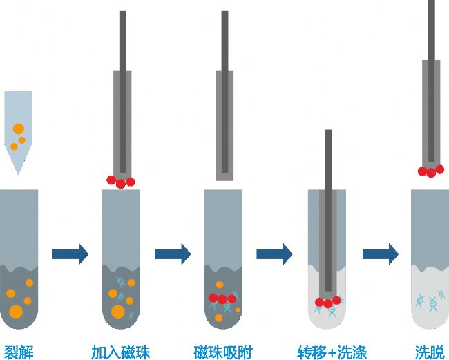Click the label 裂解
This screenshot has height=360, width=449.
point(19,351)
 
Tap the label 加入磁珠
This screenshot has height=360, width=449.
point(121,351)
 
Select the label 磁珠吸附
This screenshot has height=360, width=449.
point(223,351)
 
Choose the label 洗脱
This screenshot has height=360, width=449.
point(429,351)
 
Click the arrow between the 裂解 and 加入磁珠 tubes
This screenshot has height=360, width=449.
point(70,254)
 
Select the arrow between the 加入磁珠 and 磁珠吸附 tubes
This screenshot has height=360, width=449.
point(173,254)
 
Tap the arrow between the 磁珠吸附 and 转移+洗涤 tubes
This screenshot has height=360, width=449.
point(275,254)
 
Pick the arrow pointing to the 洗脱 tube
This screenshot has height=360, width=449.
point(381,254)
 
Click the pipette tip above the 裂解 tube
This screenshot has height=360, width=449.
point(17,128)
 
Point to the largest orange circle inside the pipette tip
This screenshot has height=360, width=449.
point(18,129)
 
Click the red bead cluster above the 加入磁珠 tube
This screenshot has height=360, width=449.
point(120,182)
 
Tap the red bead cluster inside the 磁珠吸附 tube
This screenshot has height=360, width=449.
point(223,299)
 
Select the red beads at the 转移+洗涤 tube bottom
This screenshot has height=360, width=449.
point(327,302)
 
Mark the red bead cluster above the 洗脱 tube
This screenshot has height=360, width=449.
point(430,171)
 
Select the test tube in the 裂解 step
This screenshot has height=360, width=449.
point(19,263)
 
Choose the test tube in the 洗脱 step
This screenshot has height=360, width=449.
point(430,263)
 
